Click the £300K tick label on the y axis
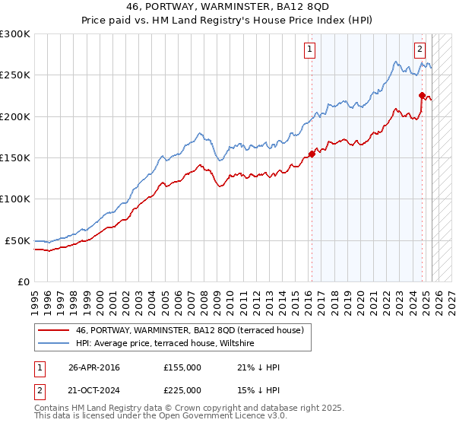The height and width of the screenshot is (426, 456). coord(15,34)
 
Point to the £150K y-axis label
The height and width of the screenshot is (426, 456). coord(15,158)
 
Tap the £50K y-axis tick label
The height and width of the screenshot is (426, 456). coord(18,240)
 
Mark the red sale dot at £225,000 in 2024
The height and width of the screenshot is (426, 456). coord(422,95)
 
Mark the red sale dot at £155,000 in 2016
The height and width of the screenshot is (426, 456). coord(312,153)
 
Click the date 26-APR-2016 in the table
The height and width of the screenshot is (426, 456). coord(93,367)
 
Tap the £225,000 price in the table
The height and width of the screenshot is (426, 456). coord(182,390)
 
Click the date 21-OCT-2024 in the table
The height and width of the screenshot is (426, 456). coord(94,390)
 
